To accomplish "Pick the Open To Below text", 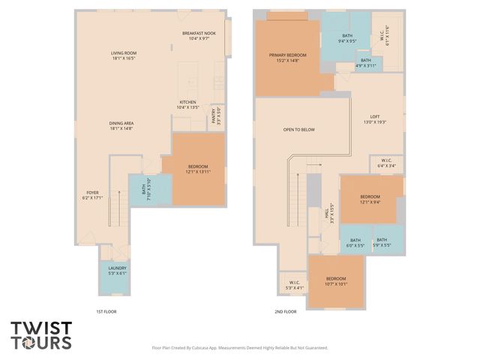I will pos(298,130).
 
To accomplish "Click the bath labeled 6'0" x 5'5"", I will pos(355,241).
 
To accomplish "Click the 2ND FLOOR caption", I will pos(286,311).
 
